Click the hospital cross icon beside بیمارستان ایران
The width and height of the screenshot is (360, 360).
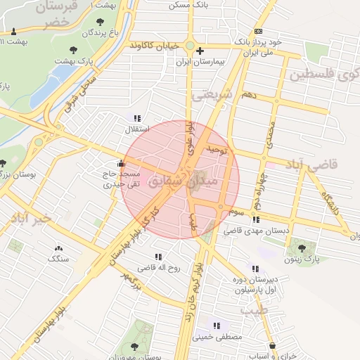200,51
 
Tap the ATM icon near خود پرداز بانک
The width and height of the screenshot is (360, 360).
259,32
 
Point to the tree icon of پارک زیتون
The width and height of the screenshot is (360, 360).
302,247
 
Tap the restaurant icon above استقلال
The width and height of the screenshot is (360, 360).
136,118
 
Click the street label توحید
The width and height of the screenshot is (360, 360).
217,150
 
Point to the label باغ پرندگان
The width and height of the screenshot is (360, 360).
92,32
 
